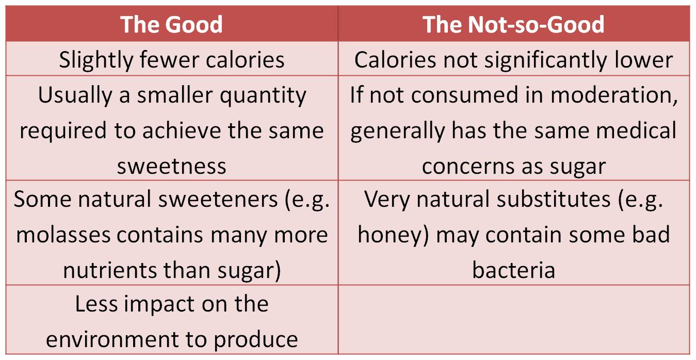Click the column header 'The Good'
pos(171,24)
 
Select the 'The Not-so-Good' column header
pos(513,24)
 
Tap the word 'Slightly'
pos(96,60)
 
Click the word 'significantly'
pos(546,60)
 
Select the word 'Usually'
pos(75,95)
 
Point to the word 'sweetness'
pos(172,167)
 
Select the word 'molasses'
pos(63,234)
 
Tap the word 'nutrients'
pos(110,270)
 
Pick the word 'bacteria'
pos(513,270)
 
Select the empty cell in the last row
pos(513,320)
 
